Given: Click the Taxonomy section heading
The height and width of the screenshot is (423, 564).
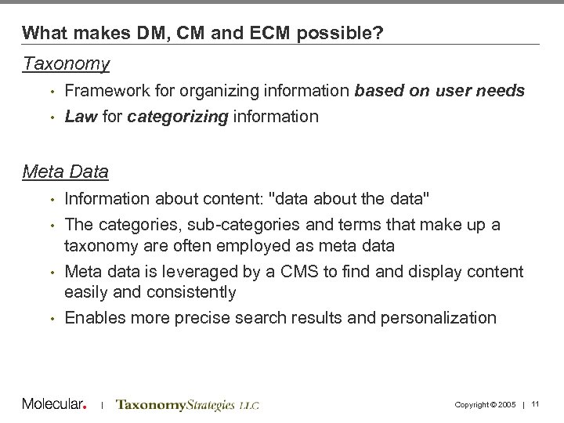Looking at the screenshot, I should tap(66, 63).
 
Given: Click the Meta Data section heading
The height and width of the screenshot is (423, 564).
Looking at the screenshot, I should tap(65, 170).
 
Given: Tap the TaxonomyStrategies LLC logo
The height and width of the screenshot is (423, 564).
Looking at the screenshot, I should tap(186, 405).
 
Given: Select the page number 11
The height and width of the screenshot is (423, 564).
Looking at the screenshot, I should tap(537, 404).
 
